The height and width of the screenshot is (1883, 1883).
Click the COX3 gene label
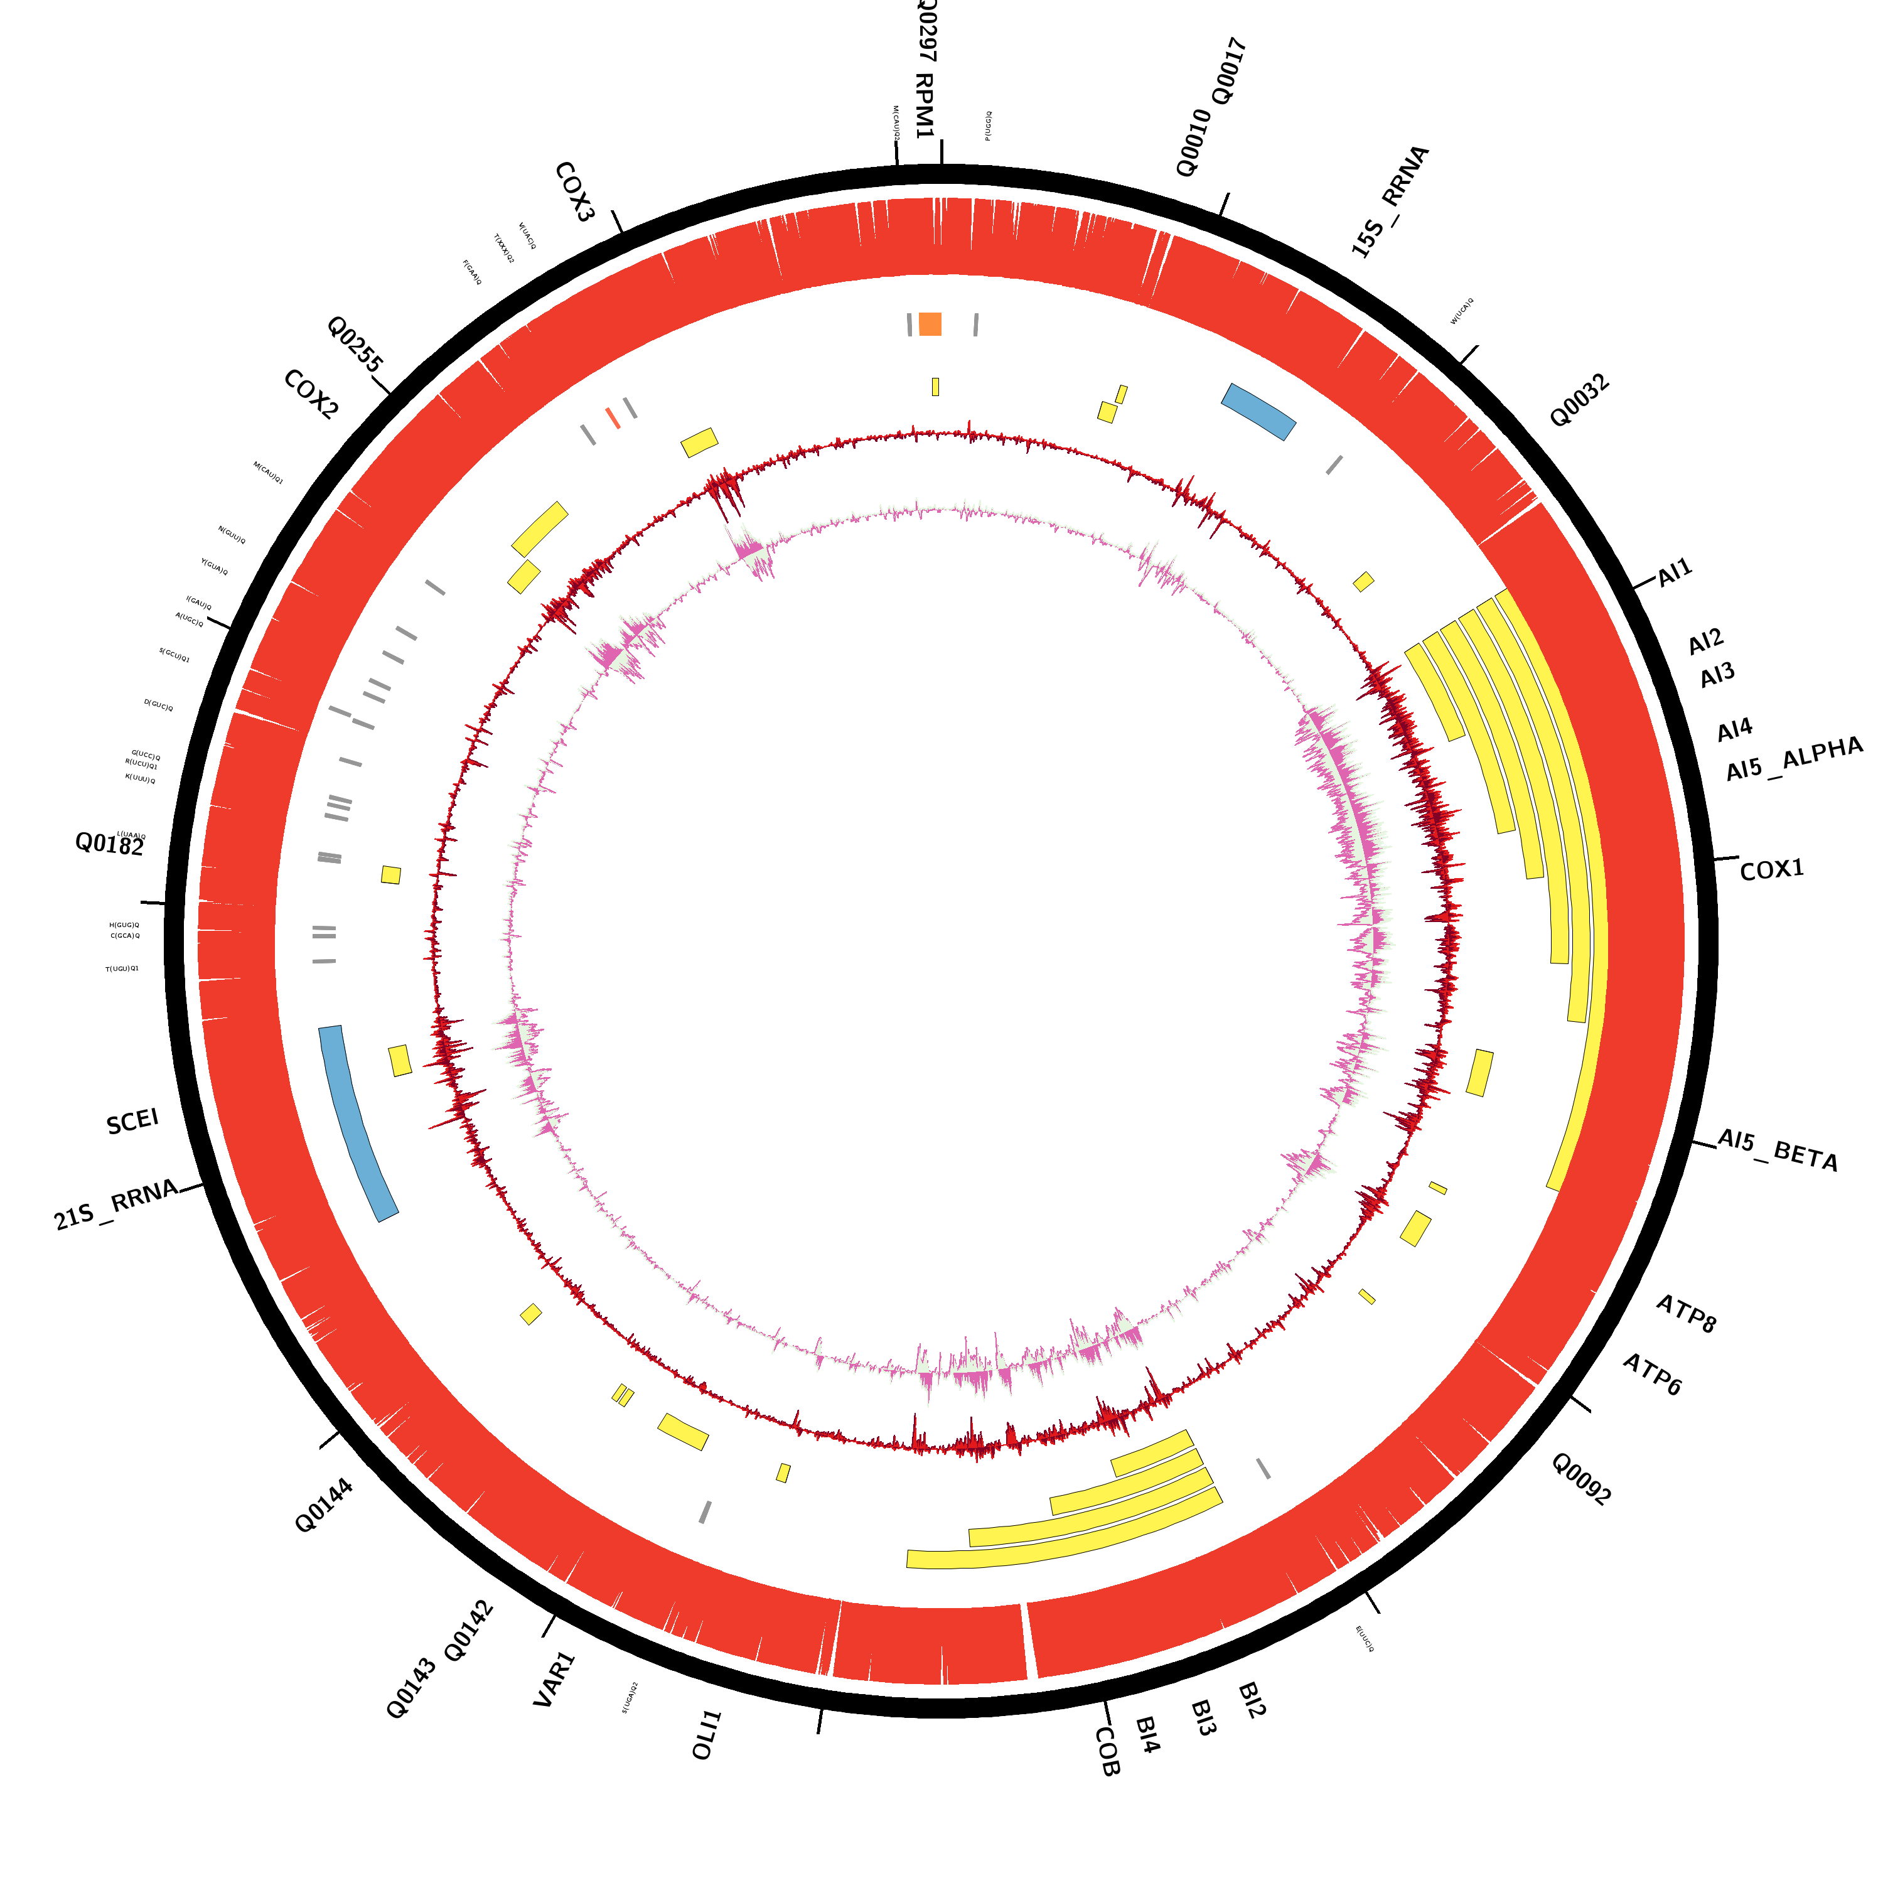point(574,192)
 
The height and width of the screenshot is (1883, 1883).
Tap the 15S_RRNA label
point(1390,201)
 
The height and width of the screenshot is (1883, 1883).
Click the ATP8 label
point(1686,1314)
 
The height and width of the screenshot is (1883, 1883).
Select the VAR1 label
point(555,1679)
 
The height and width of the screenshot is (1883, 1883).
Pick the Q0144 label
point(324,1506)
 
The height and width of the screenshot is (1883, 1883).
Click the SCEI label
point(132,1122)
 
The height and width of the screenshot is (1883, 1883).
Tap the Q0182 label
point(109,844)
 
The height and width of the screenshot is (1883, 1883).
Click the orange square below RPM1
point(930,324)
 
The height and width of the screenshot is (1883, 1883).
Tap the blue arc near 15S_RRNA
point(1258,410)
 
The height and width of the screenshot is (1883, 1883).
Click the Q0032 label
point(1579,400)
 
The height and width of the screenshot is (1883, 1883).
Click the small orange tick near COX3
point(612,418)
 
